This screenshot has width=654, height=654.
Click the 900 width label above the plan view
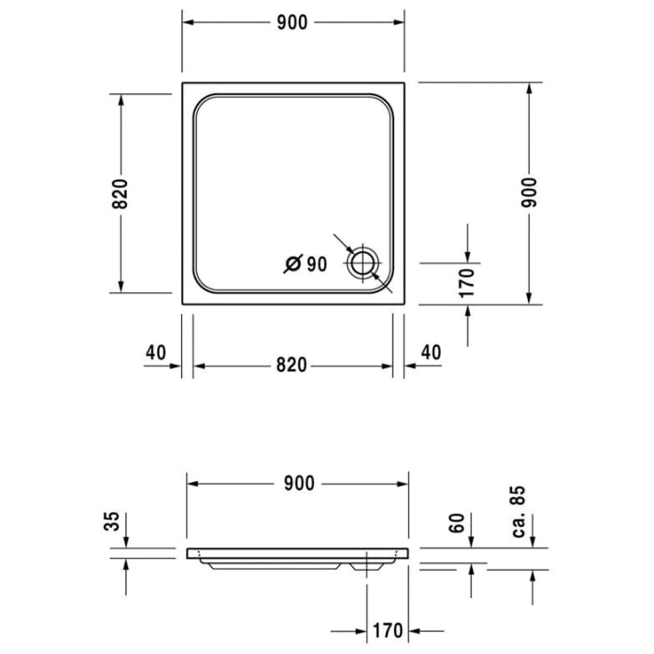pyautogui.click(x=291, y=23)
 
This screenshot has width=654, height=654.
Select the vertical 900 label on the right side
pyautogui.click(x=530, y=192)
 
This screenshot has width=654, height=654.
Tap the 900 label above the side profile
pyautogui.click(x=298, y=483)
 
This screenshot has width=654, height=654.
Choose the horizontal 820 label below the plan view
pyautogui.click(x=291, y=365)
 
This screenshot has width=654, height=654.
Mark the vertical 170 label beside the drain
pyautogui.click(x=468, y=279)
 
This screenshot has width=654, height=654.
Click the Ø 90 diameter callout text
pyautogui.click(x=306, y=264)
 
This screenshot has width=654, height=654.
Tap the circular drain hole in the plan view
pyautogui.click(x=362, y=263)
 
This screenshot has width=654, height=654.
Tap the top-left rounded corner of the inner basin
pyautogui.click(x=203, y=105)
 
